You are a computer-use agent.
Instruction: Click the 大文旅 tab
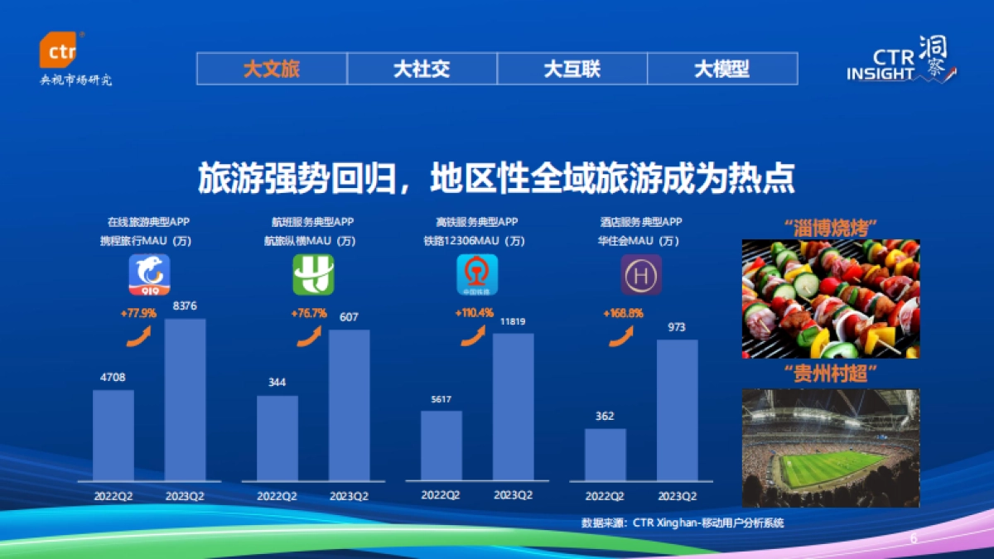[x=272, y=69]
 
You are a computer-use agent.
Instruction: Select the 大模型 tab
[x=721, y=69]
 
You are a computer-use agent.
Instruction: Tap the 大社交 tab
[x=422, y=69]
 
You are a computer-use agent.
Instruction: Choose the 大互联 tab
[x=572, y=69]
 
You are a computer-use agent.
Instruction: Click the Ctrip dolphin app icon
[x=149, y=275]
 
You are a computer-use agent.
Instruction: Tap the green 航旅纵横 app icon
[x=313, y=275]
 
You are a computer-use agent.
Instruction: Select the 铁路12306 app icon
[x=477, y=275]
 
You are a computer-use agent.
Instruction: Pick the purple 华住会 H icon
[x=641, y=275]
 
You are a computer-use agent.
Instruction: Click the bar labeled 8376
[x=186, y=399]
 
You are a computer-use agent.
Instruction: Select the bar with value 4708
[x=113, y=435]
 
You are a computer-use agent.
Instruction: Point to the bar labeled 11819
[x=514, y=407]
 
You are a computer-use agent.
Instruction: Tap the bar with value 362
[x=606, y=455]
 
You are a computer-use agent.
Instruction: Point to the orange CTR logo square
[x=61, y=51]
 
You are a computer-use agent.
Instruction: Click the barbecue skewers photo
[x=830, y=299]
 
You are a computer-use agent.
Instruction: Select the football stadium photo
[x=830, y=448]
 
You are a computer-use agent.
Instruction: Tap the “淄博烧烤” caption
[x=830, y=227]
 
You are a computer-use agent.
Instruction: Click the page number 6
[x=914, y=539]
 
